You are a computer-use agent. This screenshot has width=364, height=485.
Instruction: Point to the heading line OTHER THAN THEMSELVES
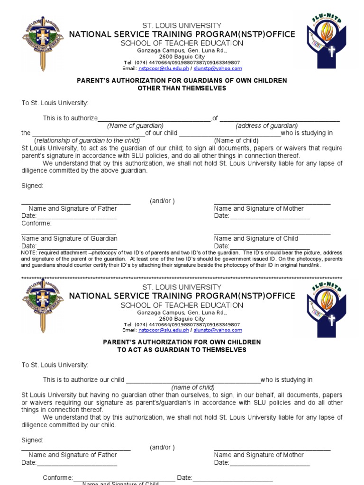182,88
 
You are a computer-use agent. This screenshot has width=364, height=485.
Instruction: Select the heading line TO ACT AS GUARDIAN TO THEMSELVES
182,350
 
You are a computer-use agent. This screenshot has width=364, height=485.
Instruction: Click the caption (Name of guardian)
135,126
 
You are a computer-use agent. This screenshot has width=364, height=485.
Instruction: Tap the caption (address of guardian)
267,126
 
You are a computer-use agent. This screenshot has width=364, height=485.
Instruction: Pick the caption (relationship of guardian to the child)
88,141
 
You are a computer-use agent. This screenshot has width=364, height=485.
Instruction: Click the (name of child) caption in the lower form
193,387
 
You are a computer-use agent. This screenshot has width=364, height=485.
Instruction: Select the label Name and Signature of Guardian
70,239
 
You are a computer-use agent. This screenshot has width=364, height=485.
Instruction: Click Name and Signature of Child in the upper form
256,239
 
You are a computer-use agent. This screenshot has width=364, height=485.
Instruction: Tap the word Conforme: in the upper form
36,224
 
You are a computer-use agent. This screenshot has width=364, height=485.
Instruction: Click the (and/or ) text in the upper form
163,201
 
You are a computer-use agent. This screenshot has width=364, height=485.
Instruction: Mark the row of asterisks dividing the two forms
182,278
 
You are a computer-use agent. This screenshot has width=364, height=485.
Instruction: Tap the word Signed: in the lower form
32,440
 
